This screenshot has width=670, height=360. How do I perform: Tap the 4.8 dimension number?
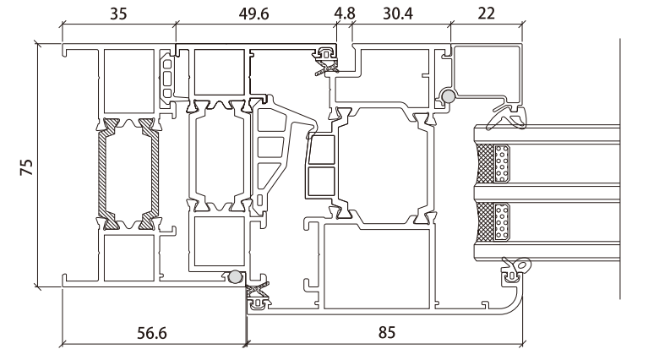click(x=345, y=14)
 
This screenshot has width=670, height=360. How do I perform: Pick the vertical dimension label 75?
click(x=25, y=166)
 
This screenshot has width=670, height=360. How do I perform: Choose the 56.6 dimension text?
click(x=152, y=333)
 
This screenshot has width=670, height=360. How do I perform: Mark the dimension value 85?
click(x=384, y=333)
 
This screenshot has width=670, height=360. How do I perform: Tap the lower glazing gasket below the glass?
click(x=514, y=269)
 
